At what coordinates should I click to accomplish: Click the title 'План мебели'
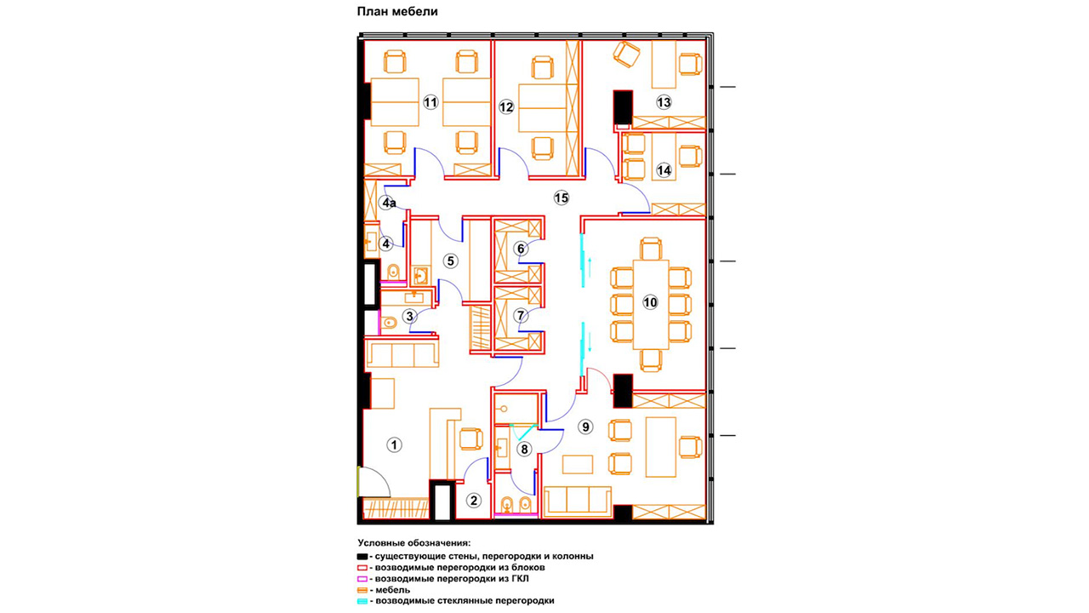pyautogui.click(x=397, y=11)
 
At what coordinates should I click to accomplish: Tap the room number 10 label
pyautogui.click(x=650, y=302)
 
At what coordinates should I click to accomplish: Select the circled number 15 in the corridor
pyautogui.click(x=562, y=198)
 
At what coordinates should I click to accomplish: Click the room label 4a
pyautogui.click(x=388, y=203)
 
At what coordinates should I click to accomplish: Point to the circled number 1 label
pyautogui.click(x=394, y=444)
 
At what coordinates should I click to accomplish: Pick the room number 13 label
pyautogui.click(x=664, y=103)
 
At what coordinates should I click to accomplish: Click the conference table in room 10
pyautogui.click(x=651, y=305)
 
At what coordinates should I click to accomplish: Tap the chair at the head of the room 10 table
pyautogui.click(x=651, y=249)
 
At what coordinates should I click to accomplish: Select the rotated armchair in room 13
pyautogui.click(x=626, y=54)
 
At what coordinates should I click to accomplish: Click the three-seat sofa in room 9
pyautogui.click(x=577, y=501)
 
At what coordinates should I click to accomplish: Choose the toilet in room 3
pyautogui.click(x=389, y=322)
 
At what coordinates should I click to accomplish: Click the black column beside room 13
pyautogui.click(x=622, y=107)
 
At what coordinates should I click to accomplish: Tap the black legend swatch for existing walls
pyautogui.click(x=362, y=557)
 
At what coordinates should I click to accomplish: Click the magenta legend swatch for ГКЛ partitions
pyautogui.click(x=362, y=579)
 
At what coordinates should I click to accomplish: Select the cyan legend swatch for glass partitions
pyautogui.click(x=362, y=601)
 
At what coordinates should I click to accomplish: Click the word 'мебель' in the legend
pyautogui.click(x=392, y=590)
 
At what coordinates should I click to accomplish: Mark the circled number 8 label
pyautogui.click(x=524, y=449)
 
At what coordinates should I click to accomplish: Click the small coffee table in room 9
pyautogui.click(x=578, y=465)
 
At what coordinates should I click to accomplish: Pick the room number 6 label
pyautogui.click(x=521, y=249)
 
